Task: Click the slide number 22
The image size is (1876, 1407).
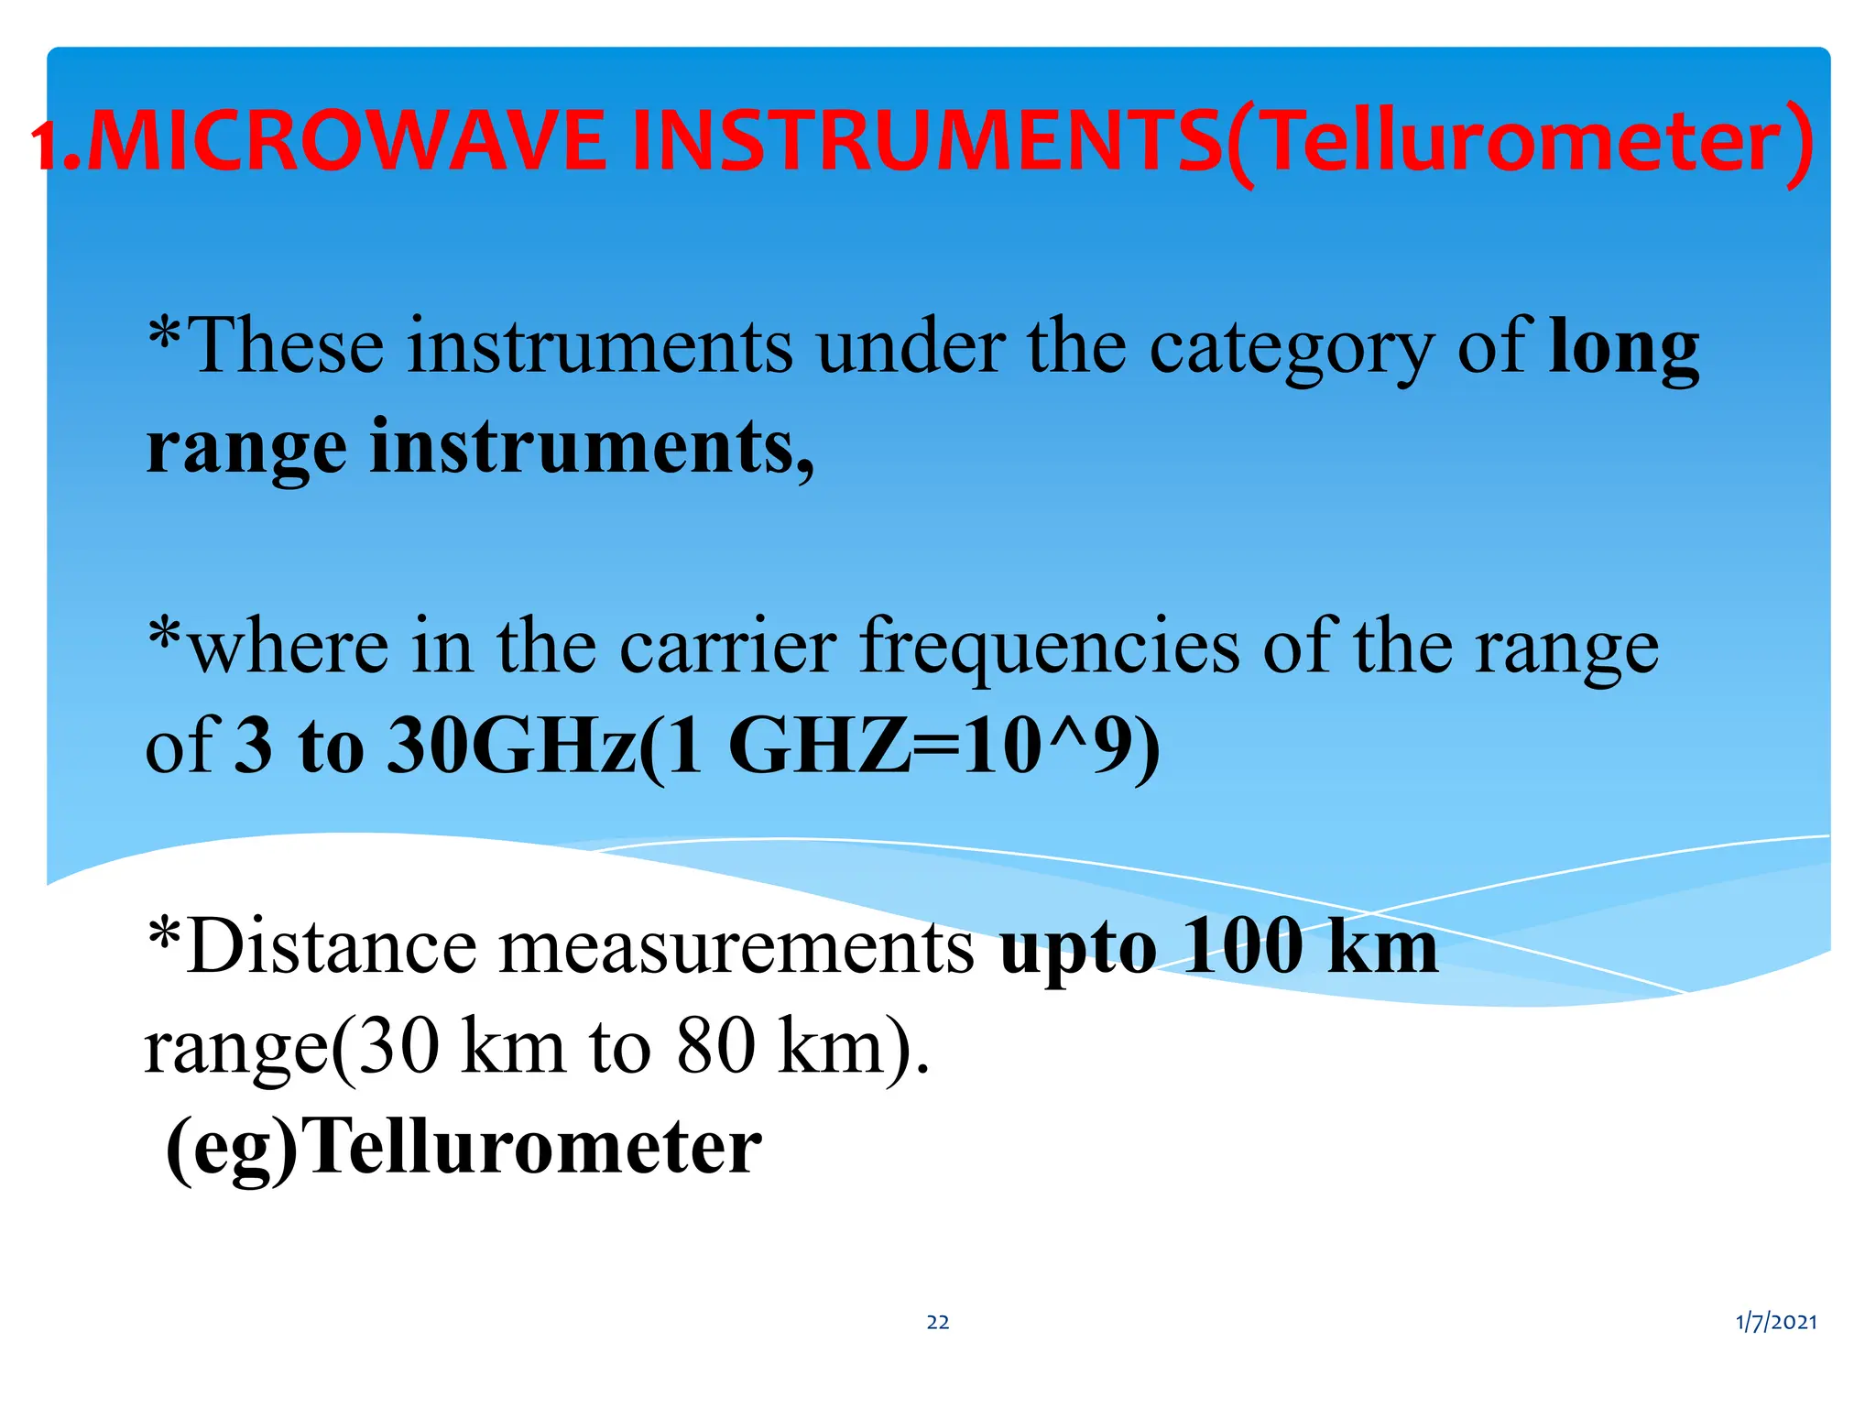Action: (x=938, y=1322)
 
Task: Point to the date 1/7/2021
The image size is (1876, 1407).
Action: (x=1776, y=1322)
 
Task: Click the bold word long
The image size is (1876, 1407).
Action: (x=1624, y=348)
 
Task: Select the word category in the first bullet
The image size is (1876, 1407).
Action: (x=1292, y=348)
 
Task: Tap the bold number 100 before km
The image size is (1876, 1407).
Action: (x=1241, y=946)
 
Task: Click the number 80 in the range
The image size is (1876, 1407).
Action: (x=715, y=1046)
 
